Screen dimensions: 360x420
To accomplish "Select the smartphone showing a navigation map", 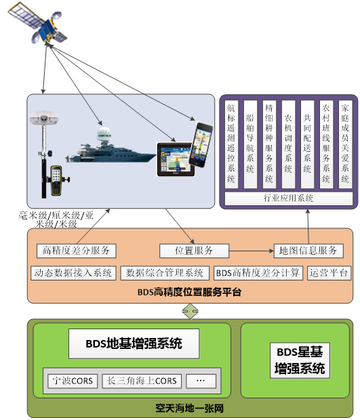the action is (201, 145).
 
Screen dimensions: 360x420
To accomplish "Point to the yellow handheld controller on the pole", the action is (57, 180).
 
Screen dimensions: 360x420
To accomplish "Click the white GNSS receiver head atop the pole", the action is (44, 118).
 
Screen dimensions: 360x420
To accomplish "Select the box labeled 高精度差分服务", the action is (77, 251).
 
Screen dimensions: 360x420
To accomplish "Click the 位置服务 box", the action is (194, 251).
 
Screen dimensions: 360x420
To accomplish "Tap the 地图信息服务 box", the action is (308, 251).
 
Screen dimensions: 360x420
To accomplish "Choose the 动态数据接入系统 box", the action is (73, 273).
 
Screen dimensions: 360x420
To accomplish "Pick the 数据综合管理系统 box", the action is (165, 273).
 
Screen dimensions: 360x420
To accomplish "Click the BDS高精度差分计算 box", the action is (258, 273).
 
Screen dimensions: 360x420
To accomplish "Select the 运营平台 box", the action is (329, 273).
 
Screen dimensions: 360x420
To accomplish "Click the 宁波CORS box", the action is (73, 381).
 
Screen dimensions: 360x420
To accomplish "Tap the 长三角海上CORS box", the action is (142, 381).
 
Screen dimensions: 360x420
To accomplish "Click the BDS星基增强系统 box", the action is (300, 360).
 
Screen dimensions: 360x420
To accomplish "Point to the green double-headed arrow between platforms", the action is (191, 311).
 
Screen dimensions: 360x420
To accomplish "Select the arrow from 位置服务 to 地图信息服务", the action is (252, 251).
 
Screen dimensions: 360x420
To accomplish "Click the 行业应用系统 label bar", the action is (288, 198).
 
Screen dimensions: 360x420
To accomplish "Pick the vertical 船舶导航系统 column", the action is (250, 144).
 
